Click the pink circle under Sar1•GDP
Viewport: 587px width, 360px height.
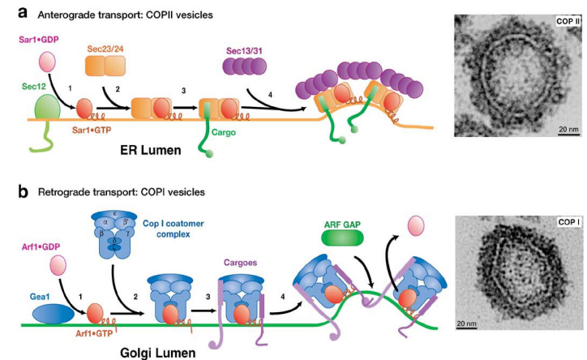coord(45,62)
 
